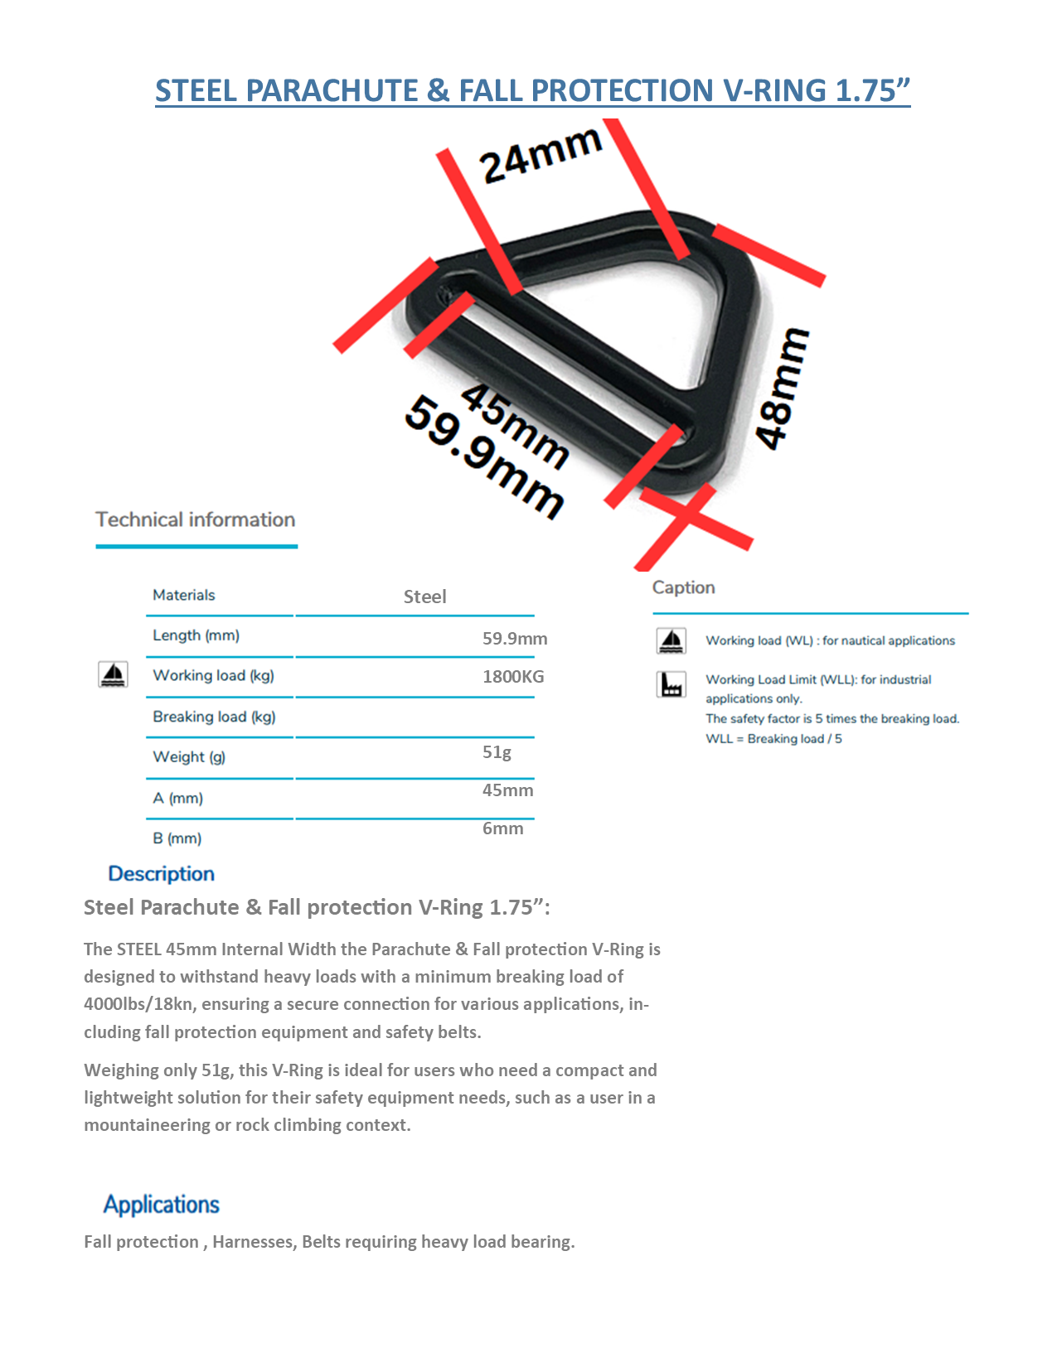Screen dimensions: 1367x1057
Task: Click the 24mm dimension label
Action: (541, 154)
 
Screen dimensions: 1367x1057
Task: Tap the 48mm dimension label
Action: (782, 389)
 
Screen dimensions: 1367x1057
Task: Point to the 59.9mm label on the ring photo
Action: (485, 456)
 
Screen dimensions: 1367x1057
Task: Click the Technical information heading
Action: (196, 519)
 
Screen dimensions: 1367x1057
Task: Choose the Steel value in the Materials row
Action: (424, 597)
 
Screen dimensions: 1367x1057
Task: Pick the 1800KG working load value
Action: (513, 677)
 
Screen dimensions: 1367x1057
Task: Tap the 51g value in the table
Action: (497, 752)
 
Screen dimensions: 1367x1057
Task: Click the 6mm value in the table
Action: (502, 828)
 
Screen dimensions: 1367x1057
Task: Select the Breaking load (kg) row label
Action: (214, 717)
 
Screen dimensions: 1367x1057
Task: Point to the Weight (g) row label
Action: (189, 756)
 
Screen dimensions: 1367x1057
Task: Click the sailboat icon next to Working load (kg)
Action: (113, 674)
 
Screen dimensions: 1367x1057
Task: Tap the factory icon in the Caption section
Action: (672, 684)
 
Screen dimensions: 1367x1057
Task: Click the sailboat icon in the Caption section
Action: (672, 640)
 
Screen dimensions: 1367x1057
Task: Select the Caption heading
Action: (683, 587)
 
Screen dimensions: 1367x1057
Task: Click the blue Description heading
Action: (162, 874)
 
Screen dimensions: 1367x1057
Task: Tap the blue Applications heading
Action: (162, 1205)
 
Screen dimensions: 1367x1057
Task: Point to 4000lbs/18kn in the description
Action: (140, 1004)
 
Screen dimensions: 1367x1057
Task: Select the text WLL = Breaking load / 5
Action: (773, 739)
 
